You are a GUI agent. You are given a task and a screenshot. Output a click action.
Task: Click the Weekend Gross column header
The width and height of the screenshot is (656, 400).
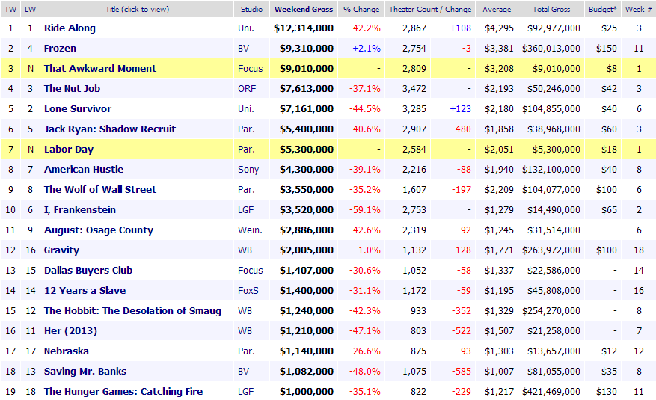[304, 9]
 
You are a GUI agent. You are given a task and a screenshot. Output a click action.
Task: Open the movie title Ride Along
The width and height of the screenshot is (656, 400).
[70, 28]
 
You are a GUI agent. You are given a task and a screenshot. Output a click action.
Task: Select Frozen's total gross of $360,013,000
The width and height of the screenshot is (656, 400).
[551, 49]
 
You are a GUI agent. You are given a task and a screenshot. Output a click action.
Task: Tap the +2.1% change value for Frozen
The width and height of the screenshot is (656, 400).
[367, 49]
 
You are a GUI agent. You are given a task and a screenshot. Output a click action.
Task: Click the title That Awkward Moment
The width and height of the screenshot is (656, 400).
[100, 69]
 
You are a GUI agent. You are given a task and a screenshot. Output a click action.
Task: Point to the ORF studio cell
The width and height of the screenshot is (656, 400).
[247, 89]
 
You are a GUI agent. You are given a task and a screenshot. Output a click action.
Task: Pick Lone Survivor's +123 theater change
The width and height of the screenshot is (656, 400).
[460, 109]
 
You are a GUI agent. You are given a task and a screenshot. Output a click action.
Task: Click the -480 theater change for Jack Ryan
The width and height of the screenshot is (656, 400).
[461, 129]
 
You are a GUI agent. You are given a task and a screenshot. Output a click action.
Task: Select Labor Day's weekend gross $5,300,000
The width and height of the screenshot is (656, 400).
[307, 150]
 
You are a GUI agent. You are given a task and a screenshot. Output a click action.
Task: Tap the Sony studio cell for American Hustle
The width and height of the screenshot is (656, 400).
[248, 170]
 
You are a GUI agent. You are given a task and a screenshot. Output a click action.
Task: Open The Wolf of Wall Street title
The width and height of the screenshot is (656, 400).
[100, 190]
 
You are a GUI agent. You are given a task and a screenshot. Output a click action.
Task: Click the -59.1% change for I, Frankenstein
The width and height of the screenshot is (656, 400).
[365, 210]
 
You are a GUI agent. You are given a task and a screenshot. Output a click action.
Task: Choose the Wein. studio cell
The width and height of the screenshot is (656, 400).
[250, 230]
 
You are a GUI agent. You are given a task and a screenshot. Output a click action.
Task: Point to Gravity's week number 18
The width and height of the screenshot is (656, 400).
[639, 250]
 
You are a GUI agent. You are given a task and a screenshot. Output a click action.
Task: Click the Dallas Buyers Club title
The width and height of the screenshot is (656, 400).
[88, 271]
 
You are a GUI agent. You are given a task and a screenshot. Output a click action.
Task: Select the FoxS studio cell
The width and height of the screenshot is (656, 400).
[248, 291]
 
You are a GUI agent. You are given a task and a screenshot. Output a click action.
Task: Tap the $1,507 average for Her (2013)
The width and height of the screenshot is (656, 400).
[499, 331]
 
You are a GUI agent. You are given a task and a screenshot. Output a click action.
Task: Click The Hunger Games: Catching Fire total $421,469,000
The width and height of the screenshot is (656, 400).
[551, 392]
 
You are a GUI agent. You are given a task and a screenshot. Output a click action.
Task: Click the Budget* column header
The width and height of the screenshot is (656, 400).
[602, 9]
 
